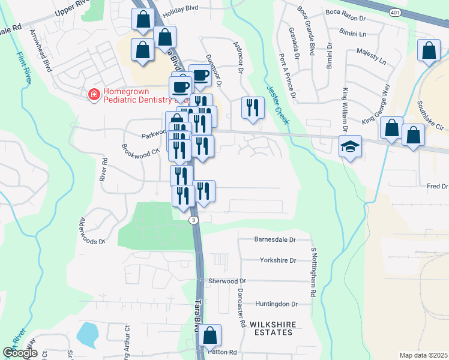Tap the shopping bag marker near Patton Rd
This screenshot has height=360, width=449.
[210, 337]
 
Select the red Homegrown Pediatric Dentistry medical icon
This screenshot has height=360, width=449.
[94, 95]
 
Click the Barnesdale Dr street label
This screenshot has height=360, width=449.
[276, 239]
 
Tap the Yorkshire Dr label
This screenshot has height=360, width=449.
[278, 260]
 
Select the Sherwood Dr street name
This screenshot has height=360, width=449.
[227, 281]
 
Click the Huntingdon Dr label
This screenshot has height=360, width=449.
[276, 304]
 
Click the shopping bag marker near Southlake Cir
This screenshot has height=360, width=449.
[413, 135]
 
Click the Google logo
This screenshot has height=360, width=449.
[20, 353]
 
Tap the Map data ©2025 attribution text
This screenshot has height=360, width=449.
[423, 355]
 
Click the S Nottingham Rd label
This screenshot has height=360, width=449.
[313, 273]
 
